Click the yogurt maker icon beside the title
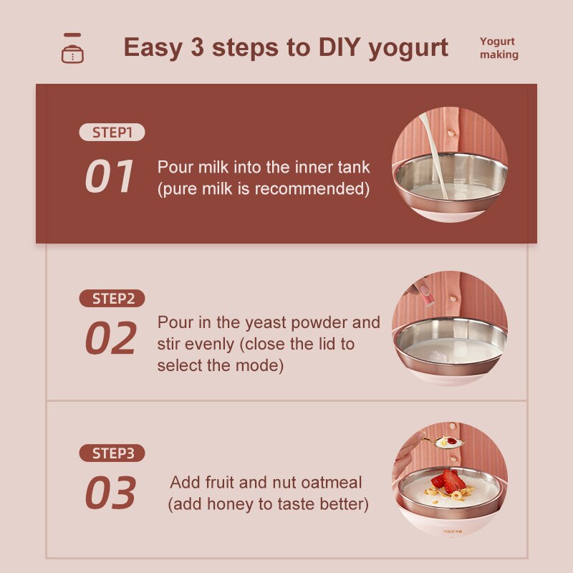tap(72, 49)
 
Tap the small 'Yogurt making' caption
tap(499, 48)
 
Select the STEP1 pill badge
tap(112, 133)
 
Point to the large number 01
tap(110, 176)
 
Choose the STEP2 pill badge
tap(112, 299)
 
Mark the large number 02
tap(110, 339)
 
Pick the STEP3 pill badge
tap(112, 453)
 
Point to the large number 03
tap(110, 493)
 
